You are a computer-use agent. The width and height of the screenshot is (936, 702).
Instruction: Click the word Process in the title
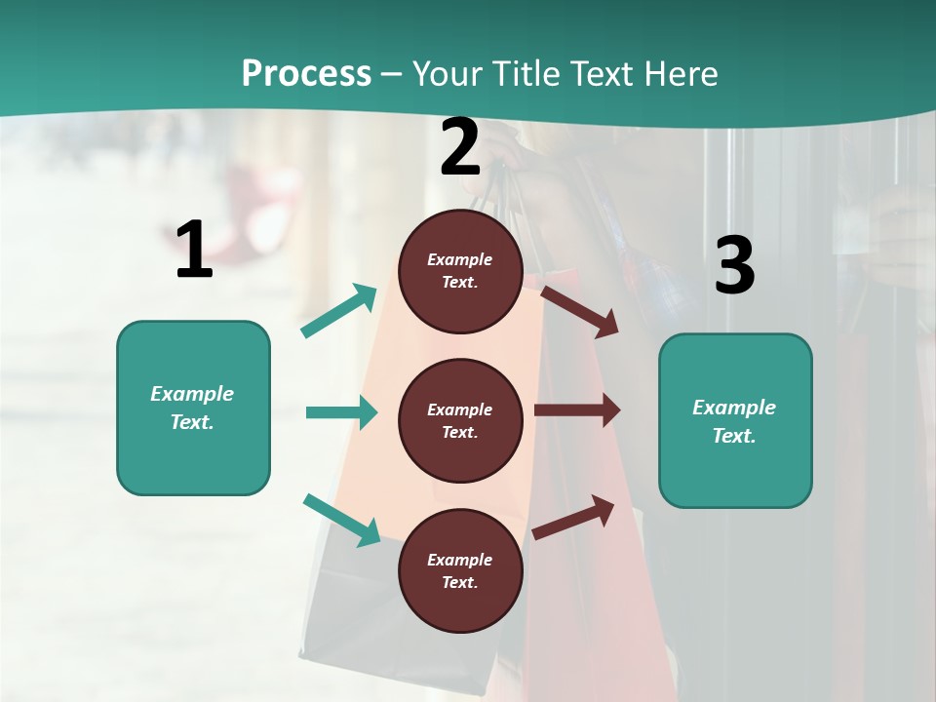click(306, 74)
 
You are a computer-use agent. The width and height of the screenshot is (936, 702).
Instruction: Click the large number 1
click(194, 251)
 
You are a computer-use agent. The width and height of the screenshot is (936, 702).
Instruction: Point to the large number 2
click(460, 147)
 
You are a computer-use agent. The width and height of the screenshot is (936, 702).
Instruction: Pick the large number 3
click(734, 265)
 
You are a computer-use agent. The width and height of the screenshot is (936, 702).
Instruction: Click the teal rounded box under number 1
click(193, 408)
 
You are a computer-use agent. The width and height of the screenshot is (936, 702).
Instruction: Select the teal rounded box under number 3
click(735, 420)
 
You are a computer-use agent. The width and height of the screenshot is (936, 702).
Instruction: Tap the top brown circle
click(460, 271)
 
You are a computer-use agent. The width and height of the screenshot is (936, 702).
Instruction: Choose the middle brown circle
click(460, 420)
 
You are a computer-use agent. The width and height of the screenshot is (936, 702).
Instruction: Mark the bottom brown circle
click(460, 570)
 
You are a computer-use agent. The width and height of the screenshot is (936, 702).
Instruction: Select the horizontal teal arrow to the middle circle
click(341, 412)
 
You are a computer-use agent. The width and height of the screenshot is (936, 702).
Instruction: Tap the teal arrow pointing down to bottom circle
click(341, 520)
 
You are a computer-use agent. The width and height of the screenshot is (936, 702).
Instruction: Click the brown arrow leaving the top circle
click(579, 311)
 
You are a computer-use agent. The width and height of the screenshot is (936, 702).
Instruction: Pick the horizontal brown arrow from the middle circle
click(576, 410)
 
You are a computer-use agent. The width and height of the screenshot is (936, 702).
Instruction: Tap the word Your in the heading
click(445, 74)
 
